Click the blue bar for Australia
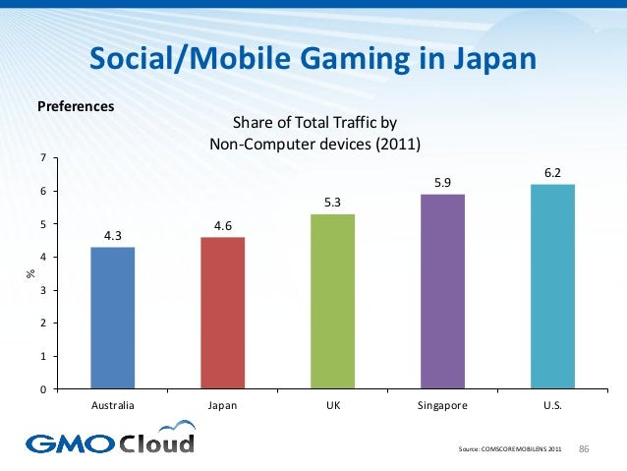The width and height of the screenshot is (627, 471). click(112, 318)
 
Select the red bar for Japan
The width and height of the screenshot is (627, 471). click(222, 313)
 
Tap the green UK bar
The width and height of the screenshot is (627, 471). click(332, 301)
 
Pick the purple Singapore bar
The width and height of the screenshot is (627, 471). click(442, 291)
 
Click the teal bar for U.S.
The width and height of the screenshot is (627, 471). click(552, 286)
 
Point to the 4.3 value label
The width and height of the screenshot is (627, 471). click(112, 235)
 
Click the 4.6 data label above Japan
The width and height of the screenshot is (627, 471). click(222, 225)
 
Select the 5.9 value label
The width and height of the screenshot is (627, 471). click(442, 182)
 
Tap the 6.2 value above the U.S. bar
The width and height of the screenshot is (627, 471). click(552, 172)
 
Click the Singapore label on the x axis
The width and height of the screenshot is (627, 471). click(442, 404)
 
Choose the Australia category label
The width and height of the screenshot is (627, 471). click(112, 404)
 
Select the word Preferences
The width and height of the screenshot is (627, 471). click(76, 104)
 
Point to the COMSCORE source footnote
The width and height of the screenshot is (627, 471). click(511, 450)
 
